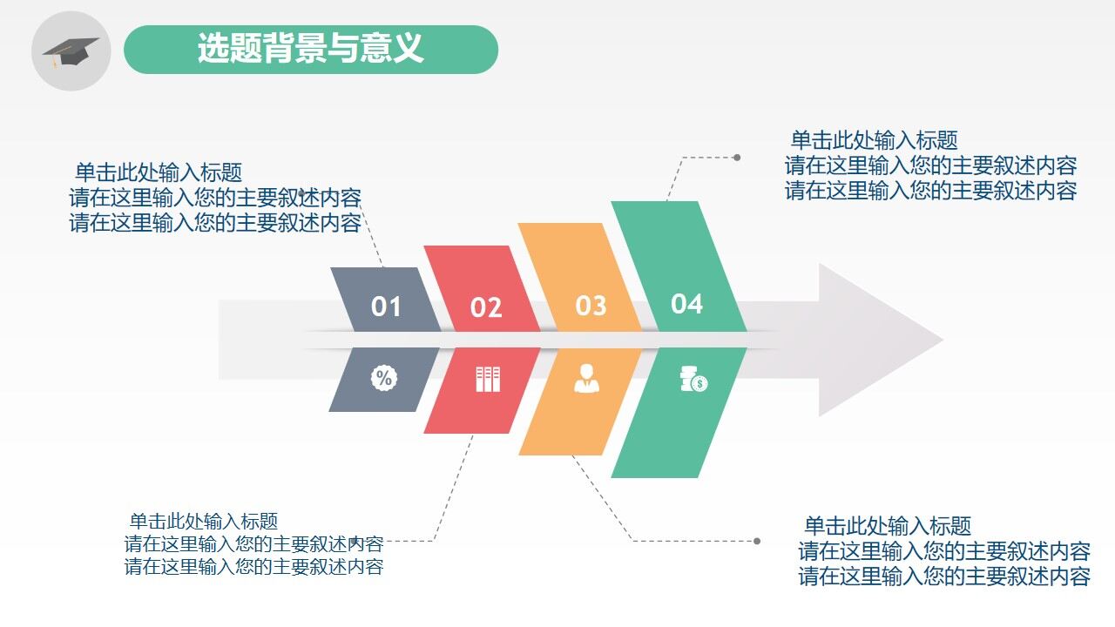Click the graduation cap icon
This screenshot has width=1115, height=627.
[71, 51]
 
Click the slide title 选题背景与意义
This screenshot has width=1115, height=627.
[310, 49]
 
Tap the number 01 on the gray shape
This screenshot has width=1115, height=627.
[386, 307]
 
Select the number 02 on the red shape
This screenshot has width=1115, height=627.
[486, 307]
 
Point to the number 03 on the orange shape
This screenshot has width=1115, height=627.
[591, 306]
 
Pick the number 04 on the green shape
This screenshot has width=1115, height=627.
[686, 304]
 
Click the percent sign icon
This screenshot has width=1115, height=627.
[384, 378]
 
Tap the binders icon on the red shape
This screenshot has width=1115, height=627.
[488, 379]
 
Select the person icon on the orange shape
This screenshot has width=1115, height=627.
[587, 379]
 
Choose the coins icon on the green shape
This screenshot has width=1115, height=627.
[693, 380]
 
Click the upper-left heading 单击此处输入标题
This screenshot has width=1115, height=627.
[159, 172]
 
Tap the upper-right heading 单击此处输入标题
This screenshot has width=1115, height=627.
[874, 140]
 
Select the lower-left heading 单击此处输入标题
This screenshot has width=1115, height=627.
[204, 522]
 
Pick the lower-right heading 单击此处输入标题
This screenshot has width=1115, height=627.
[887, 526]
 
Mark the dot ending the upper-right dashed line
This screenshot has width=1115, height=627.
[737, 158]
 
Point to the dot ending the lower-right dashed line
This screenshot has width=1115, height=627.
[757, 541]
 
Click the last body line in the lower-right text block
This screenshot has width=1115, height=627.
[944, 576]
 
